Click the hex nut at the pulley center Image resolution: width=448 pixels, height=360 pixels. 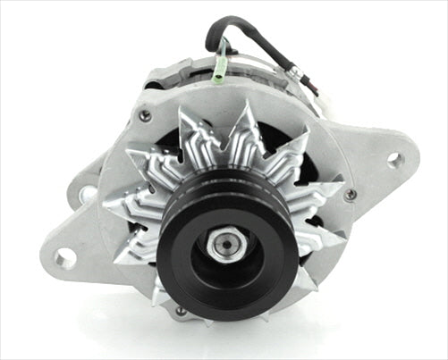point(223,243)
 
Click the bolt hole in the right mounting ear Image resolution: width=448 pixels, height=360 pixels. point(393,161)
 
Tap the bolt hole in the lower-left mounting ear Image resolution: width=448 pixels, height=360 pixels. point(64,259)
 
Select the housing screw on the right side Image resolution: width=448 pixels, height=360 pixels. point(351,195)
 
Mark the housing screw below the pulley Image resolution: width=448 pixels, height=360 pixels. point(182,310)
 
